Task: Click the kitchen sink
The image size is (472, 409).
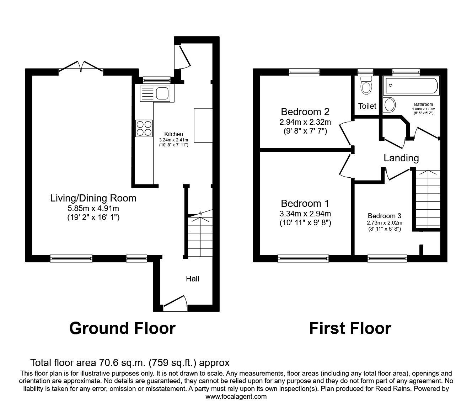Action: (x=156, y=94)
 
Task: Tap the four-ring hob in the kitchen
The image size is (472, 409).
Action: (x=144, y=129)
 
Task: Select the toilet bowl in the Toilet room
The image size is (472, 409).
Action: (x=366, y=86)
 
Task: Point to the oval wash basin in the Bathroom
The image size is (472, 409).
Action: (x=390, y=105)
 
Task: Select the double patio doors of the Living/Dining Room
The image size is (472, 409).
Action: (x=81, y=67)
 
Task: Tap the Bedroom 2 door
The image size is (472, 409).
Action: (x=345, y=133)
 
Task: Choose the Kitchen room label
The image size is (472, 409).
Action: (x=173, y=134)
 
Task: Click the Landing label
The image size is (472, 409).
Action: (x=401, y=158)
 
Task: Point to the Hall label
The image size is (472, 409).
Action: (x=192, y=279)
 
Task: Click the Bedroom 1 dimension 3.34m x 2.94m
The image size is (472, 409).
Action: (x=305, y=214)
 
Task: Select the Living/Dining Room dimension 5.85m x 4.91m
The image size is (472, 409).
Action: (x=93, y=208)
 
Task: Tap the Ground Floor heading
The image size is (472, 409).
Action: (x=122, y=328)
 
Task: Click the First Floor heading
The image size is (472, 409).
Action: (x=350, y=328)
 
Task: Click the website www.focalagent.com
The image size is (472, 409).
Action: (x=236, y=397)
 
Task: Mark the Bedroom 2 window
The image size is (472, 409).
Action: (x=304, y=72)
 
